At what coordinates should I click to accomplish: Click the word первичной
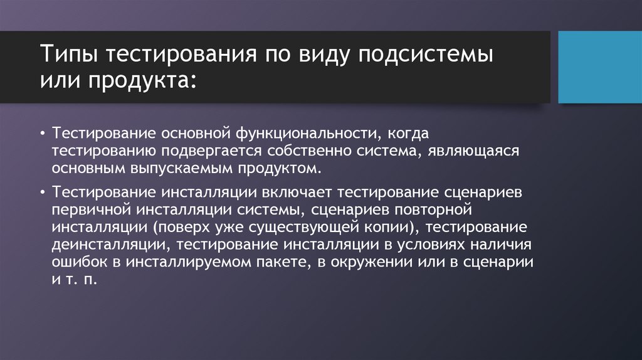click(x=94, y=208)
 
